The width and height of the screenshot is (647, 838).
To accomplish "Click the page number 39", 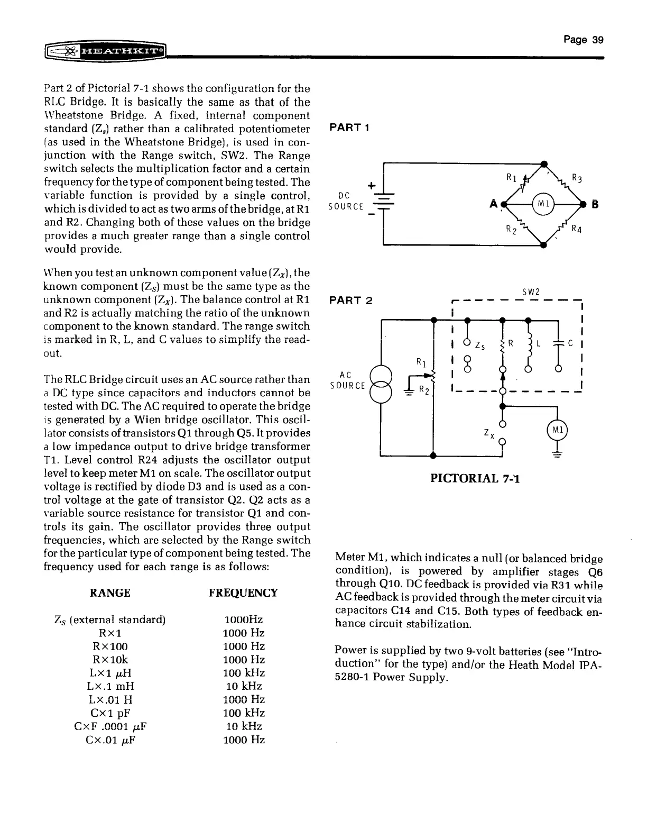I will [583, 40].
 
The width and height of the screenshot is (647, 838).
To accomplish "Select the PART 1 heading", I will [349, 128].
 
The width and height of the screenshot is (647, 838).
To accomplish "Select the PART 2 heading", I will [351, 301].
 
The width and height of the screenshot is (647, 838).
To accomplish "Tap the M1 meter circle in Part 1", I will [544, 204].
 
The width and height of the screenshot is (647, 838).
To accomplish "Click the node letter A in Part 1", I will [493, 204].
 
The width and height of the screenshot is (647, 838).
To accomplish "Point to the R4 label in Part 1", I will [577, 229].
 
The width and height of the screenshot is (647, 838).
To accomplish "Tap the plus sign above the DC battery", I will [371, 185].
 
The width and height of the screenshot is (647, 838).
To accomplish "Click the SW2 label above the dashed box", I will [530, 292].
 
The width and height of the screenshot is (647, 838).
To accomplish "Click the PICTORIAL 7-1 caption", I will [475, 479].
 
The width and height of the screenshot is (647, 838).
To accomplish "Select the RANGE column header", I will [110, 593].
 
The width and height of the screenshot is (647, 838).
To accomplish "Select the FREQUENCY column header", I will [243, 593].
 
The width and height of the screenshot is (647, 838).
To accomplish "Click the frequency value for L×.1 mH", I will [243, 686].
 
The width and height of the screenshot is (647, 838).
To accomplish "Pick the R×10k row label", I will [110, 660].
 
